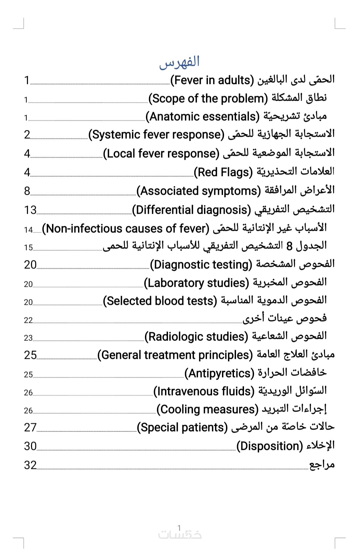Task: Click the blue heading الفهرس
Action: coord(179,62)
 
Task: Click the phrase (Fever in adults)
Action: coord(212,80)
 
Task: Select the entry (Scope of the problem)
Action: coord(208,98)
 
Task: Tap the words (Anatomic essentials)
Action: coord(202,116)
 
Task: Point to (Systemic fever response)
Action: coord(156,134)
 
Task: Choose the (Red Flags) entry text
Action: coord(223,172)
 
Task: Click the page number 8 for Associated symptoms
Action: coord(27,191)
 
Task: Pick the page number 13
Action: coord(30,210)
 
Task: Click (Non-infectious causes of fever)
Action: coord(126,228)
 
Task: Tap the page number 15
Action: coord(28,247)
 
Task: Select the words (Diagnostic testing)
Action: coord(201,264)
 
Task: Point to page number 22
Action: coord(28,320)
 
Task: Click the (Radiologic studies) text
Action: coord(196,337)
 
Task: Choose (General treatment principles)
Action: coord(175,355)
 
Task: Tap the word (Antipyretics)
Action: coord(219,373)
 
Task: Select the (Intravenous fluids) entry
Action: coord(204,391)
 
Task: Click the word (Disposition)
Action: coord(270,446)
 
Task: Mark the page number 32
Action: coord(30,465)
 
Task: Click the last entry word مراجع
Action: coord(322,465)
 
